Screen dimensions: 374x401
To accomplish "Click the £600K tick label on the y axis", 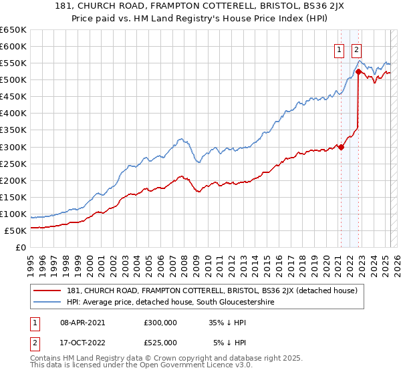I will tap(13, 47).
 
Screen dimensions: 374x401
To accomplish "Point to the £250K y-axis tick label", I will tap(13, 164).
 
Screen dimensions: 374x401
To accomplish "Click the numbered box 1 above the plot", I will tap(340, 49).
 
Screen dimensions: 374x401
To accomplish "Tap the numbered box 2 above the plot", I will tap(357, 49).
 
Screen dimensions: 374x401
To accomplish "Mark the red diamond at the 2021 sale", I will tap(341, 147).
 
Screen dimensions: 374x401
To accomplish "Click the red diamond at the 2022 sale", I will tap(359, 71).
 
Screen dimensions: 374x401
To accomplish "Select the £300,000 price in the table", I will tap(160, 322).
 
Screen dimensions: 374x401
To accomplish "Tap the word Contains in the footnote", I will tap(47, 359).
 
